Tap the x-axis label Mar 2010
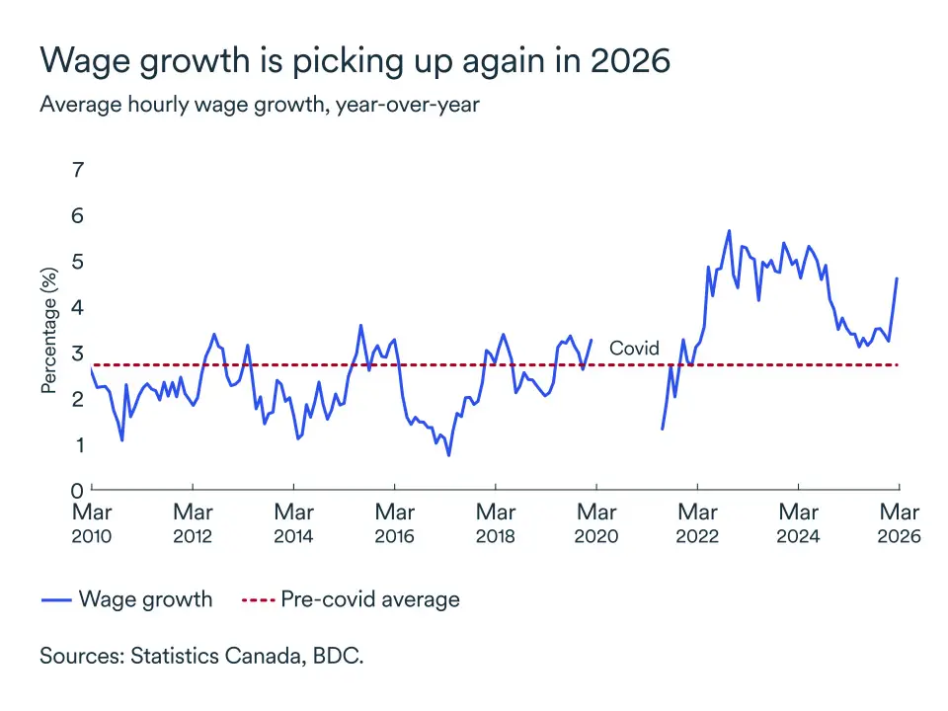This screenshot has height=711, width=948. (92, 523)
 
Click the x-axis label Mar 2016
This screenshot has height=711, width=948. (395, 523)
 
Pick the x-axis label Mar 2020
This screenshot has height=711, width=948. (596, 523)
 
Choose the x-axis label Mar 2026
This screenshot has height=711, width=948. (899, 523)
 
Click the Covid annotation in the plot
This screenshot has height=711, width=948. (634, 349)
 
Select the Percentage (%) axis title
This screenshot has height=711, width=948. (48, 330)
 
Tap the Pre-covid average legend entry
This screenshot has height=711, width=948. (351, 599)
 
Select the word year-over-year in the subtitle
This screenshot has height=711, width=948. (408, 104)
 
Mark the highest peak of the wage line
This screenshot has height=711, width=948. (729, 231)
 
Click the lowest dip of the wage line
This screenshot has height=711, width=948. (449, 455)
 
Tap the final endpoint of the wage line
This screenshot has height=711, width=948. (897, 278)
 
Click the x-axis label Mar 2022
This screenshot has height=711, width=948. (697, 523)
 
